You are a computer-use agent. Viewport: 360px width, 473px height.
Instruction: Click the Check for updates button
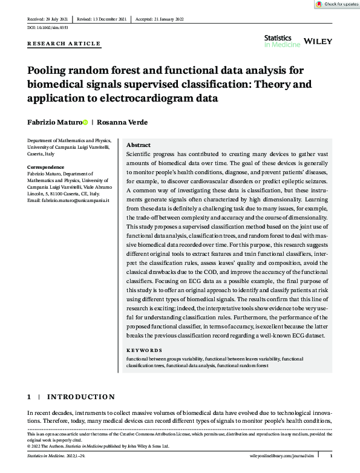click(x=336, y=4)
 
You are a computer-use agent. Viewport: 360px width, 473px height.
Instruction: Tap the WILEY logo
click(x=317, y=40)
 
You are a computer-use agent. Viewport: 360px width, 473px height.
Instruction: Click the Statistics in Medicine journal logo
click(x=278, y=41)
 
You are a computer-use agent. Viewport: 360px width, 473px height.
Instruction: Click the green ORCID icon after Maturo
click(x=85, y=122)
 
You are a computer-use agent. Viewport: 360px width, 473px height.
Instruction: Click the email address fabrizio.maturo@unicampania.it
click(x=68, y=200)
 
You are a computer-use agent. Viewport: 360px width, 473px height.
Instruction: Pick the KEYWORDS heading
click(x=144, y=350)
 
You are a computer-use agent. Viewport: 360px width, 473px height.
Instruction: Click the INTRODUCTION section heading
click(x=80, y=397)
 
